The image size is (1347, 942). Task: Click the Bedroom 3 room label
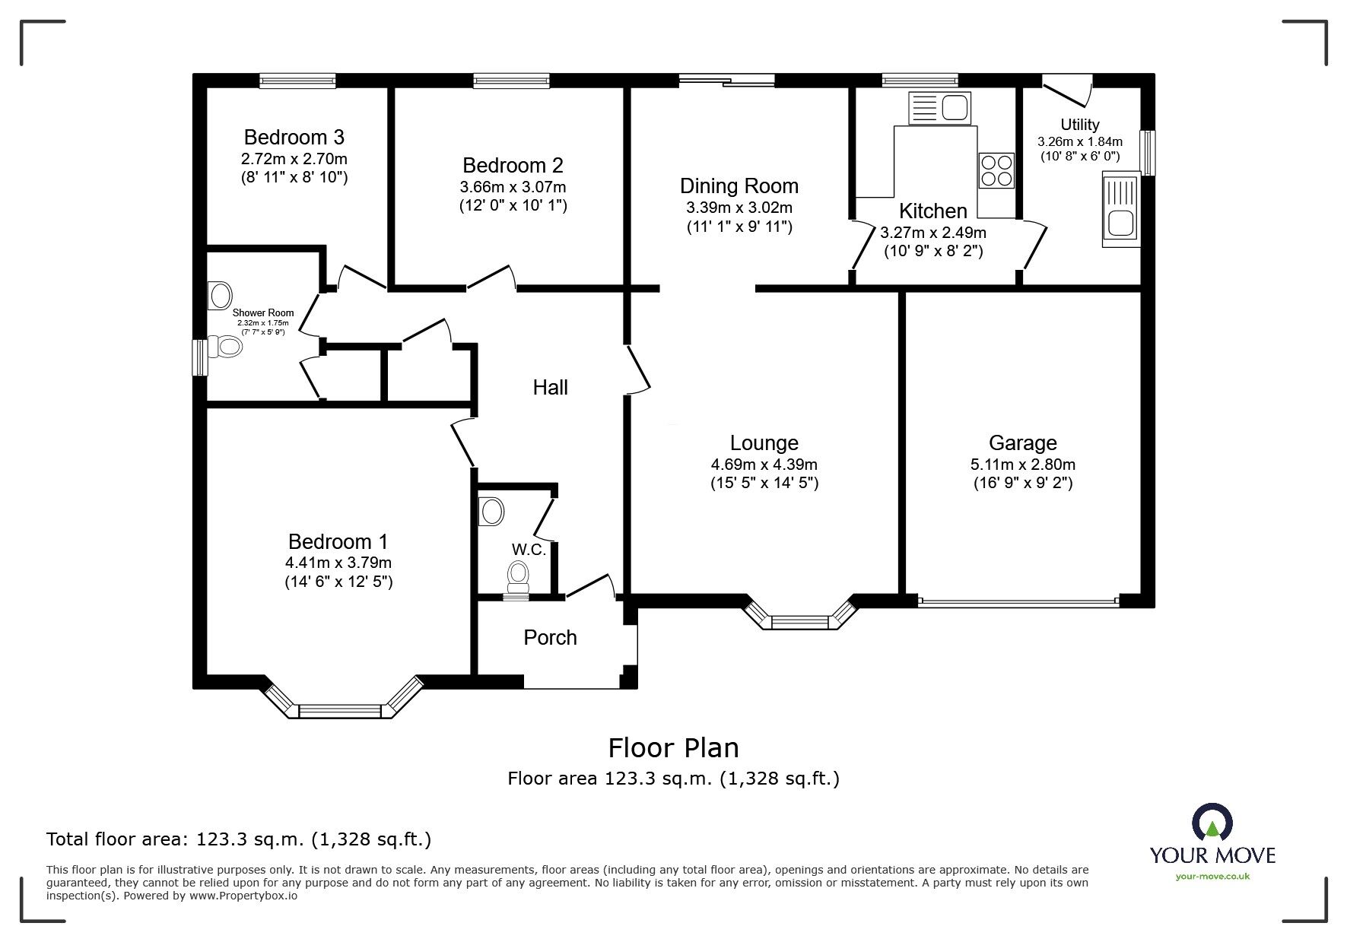tap(294, 138)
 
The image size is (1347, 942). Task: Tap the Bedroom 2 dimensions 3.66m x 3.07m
tap(513, 187)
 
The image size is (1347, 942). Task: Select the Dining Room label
tap(739, 186)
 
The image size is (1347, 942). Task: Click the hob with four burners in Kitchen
tap(996, 170)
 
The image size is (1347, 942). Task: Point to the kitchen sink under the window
tap(940, 108)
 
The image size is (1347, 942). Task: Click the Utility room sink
tap(1120, 209)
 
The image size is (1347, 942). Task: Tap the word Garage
tap(1022, 443)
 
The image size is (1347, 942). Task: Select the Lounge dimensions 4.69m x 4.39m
tap(764, 465)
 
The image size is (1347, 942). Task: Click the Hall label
tap(550, 388)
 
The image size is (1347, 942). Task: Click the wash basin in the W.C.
tap(491, 512)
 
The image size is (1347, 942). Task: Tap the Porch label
tap(550, 638)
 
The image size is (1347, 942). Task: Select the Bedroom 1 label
tap(338, 542)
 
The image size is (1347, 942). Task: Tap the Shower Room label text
tap(262, 313)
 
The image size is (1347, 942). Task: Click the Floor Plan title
tap(673, 748)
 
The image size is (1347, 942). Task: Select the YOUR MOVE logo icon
tap(1212, 823)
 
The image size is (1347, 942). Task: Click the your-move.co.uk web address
tap(1212, 877)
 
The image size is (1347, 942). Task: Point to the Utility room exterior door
tap(1066, 90)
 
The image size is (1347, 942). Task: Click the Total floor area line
tap(239, 839)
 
